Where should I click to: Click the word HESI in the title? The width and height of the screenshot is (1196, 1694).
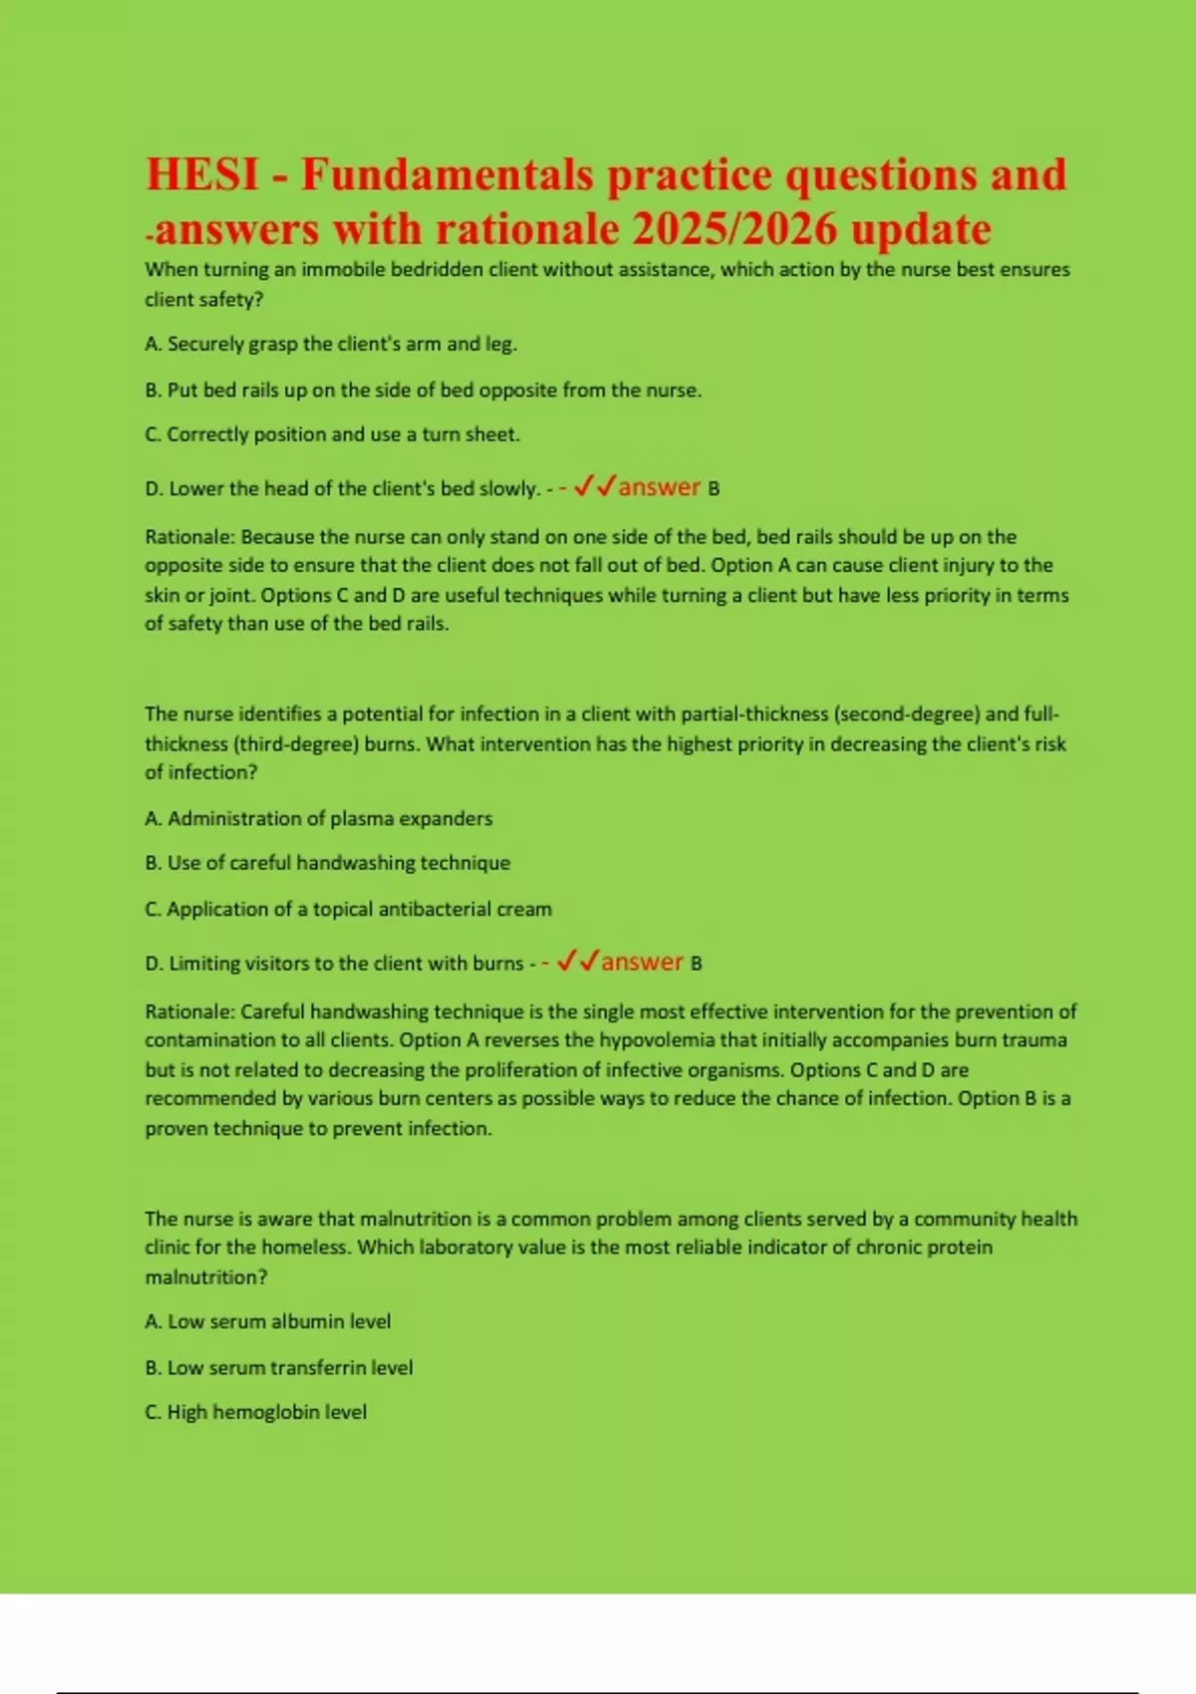[x=204, y=174]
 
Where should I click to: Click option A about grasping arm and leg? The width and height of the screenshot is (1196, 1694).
[x=331, y=344]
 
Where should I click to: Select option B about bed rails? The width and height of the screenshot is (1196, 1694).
[x=423, y=390]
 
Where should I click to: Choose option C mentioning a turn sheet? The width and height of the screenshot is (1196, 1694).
[x=332, y=434]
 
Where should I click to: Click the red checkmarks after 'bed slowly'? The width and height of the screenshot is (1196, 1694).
[x=595, y=486]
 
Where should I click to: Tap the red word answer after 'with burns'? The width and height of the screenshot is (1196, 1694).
[x=642, y=962]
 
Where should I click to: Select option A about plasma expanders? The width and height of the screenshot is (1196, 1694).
[x=318, y=818]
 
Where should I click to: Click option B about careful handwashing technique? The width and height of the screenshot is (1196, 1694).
[x=327, y=863]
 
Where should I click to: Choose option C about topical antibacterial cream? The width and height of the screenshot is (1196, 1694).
[x=348, y=909]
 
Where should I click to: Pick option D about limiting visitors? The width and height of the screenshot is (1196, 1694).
[x=334, y=964]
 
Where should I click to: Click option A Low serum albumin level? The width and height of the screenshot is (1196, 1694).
[x=267, y=1321]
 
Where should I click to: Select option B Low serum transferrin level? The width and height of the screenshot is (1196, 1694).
[x=278, y=1367]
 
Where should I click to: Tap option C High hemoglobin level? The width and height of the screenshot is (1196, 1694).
[x=255, y=1412]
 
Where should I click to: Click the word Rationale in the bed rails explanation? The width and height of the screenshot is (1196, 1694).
[x=189, y=537]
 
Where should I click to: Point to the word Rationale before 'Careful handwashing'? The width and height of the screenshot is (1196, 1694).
[x=189, y=1011]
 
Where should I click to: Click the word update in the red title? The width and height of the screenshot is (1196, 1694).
[x=920, y=229]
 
